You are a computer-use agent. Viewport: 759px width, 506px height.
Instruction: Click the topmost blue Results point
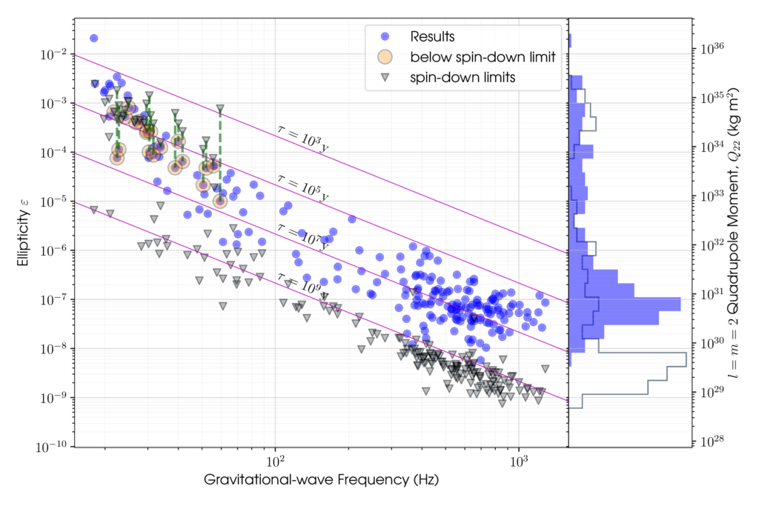pyautogui.click(x=94, y=38)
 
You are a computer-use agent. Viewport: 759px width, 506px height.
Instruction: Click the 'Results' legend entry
pyautogui.click(x=432, y=36)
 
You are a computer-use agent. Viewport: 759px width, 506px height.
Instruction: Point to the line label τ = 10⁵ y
pyautogui.click(x=302, y=188)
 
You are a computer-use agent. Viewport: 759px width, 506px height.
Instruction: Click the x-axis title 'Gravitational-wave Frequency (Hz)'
pyautogui.click(x=320, y=480)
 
